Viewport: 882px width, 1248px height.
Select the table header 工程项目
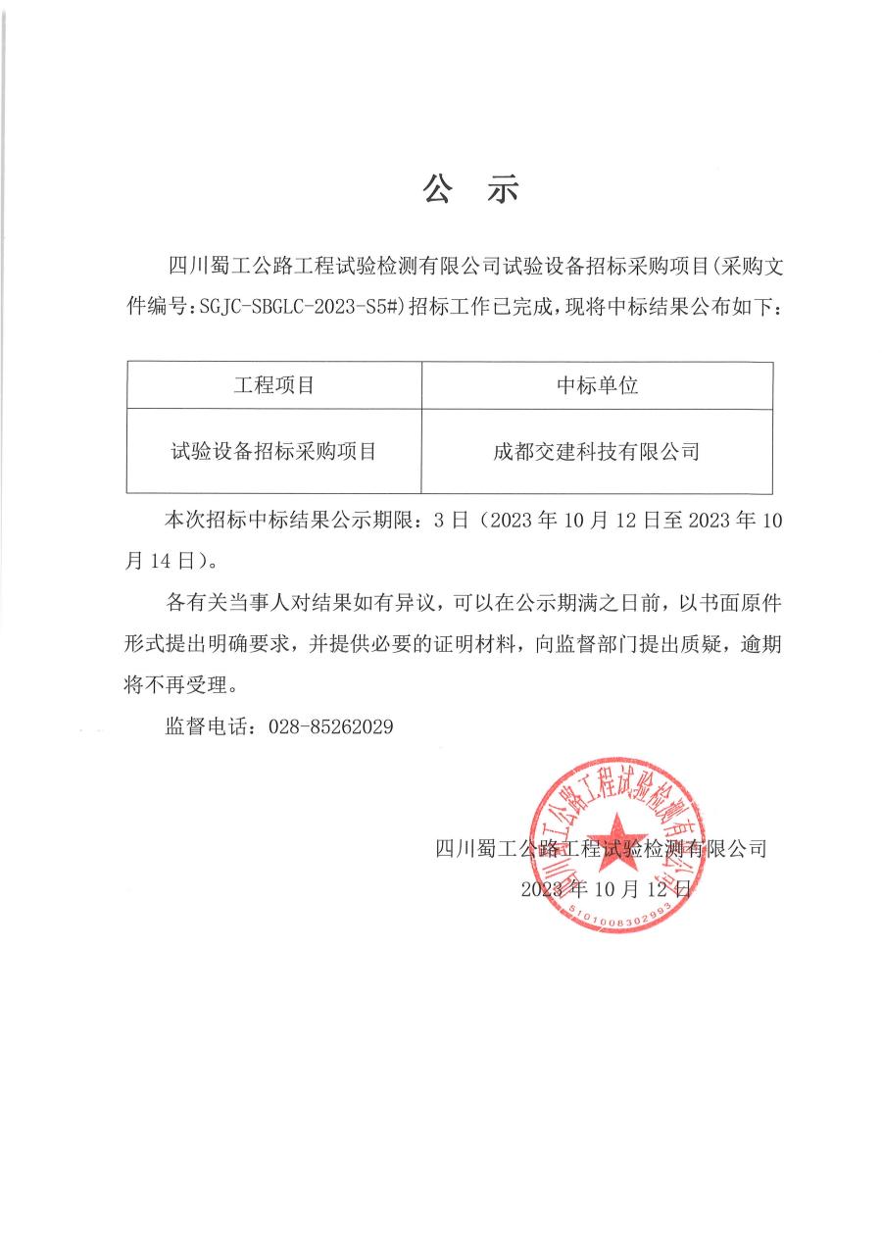click(273, 385)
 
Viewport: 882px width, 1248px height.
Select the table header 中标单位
click(597, 385)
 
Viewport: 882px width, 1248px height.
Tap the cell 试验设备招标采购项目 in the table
click(273, 452)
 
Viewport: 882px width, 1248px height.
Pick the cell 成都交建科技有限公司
click(597, 452)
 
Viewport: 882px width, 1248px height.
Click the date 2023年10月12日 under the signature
click(606, 889)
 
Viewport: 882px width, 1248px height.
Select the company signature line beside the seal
click(600, 849)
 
